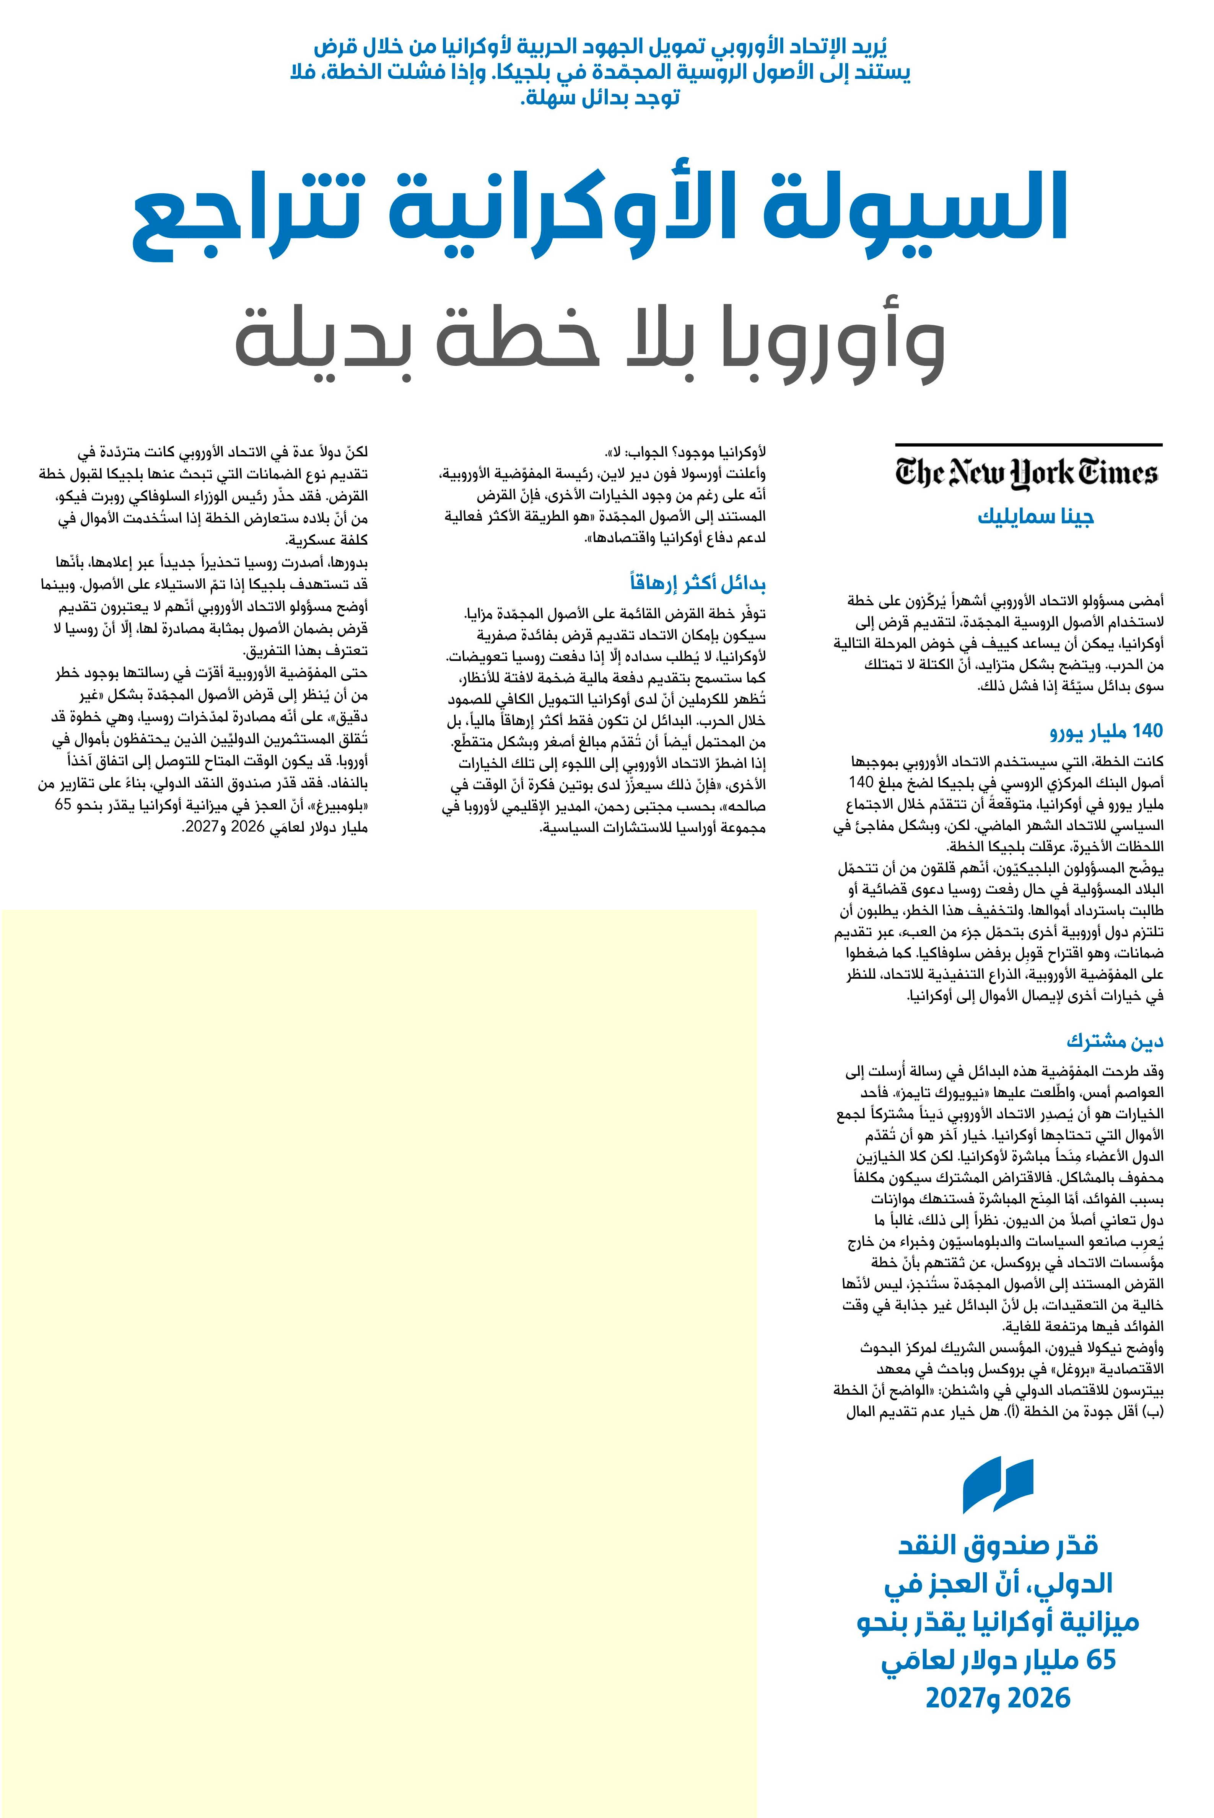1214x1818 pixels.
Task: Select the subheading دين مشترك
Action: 1115,1041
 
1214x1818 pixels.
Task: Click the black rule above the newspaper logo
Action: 1028,445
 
